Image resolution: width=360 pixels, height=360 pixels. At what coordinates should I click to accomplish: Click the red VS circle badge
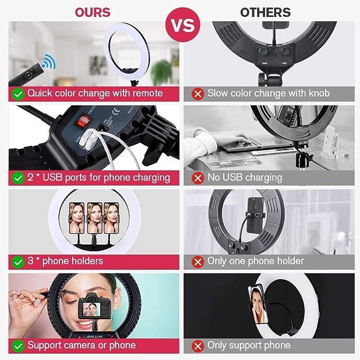[x=183, y=24]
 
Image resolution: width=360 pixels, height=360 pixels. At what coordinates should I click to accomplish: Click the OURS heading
[x=93, y=13]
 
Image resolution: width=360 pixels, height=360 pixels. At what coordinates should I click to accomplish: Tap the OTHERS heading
[x=266, y=13]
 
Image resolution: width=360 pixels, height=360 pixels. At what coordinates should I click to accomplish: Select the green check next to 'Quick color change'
[x=18, y=94]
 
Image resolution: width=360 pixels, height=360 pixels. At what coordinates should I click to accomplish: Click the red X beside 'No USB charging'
[x=198, y=178]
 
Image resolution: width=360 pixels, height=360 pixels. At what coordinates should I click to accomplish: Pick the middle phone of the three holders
[x=94, y=218]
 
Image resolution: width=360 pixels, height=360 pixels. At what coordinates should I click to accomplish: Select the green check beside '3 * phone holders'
[x=18, y=262]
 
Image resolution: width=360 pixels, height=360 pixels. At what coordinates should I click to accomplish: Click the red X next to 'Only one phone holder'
[x=198, y=262]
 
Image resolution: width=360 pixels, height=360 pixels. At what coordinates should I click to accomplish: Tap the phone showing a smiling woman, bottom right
[x=258, y=304]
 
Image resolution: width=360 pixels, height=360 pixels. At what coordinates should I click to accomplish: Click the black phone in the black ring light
[x=255, y=215]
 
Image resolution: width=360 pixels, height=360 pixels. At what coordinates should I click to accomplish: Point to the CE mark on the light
[x=116, y=111]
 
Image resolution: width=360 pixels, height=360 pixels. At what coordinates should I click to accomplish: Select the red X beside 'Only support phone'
[x=198, y=346]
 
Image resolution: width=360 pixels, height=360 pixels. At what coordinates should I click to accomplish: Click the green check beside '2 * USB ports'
[x=18, y=178]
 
